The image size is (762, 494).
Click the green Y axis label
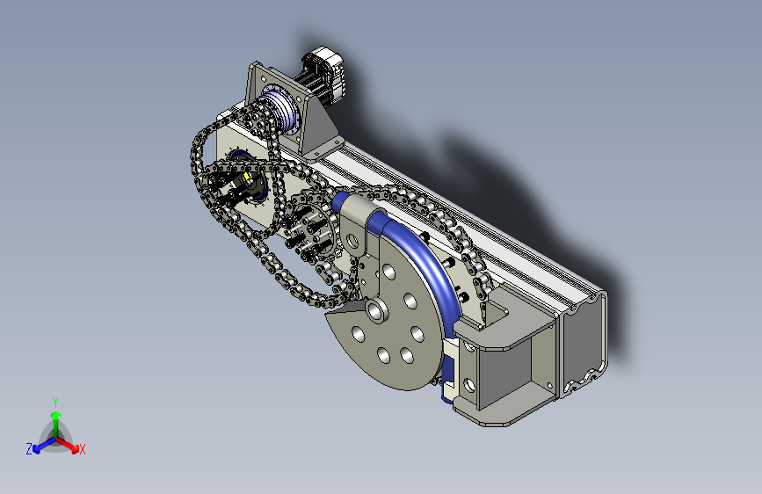[55, 403]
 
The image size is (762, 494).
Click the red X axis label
[82, 450]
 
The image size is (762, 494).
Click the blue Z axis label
[29, 449]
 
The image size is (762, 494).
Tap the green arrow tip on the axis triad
[56, 415]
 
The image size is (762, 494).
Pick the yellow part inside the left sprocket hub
[247, 176]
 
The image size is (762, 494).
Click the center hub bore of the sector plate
[375, 309]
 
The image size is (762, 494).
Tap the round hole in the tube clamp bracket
[352, 240]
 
